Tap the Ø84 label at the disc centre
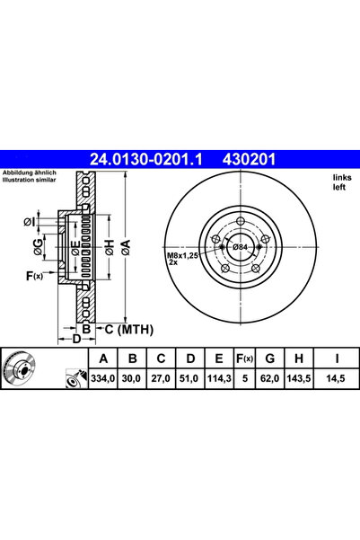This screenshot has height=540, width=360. (240, 247)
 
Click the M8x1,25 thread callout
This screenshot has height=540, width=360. (182, 256)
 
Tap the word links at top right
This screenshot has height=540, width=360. (342, 177)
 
